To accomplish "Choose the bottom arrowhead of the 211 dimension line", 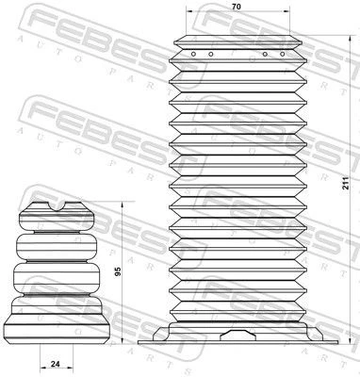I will (335, 342).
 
